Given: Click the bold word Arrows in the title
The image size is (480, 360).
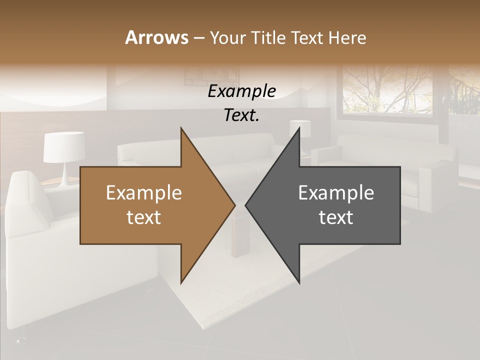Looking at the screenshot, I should click(x=156, y=37).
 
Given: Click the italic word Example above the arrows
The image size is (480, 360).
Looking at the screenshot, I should click(x=241, y=91).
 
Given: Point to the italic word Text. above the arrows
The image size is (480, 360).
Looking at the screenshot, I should click(x=241, y=115).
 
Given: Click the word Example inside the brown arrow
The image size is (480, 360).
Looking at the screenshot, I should click(x=144, y=193).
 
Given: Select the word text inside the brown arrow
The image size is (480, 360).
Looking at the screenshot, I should click(x=144, y=217).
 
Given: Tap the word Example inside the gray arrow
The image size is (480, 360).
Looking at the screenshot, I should click(x=336, y=193).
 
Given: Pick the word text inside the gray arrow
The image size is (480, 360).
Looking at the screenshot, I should click(x=336, y=217).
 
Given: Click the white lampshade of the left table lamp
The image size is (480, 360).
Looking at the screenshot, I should click(x=63, y=147).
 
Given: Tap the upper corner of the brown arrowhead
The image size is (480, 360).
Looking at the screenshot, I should click(x=181, y=129).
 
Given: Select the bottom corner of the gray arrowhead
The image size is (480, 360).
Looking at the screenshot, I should click(x=299, y=282).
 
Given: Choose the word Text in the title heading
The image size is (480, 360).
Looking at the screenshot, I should click(x=307, y=37).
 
